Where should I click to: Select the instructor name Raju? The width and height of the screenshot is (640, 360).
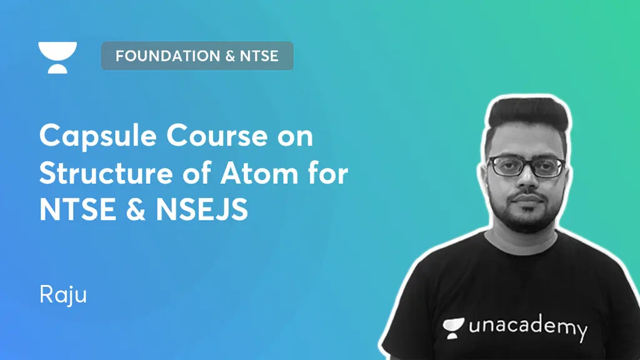tap(62, 294)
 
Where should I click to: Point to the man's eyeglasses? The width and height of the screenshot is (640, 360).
tap(526, 167)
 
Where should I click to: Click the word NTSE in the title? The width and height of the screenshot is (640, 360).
tap(76, 210)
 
